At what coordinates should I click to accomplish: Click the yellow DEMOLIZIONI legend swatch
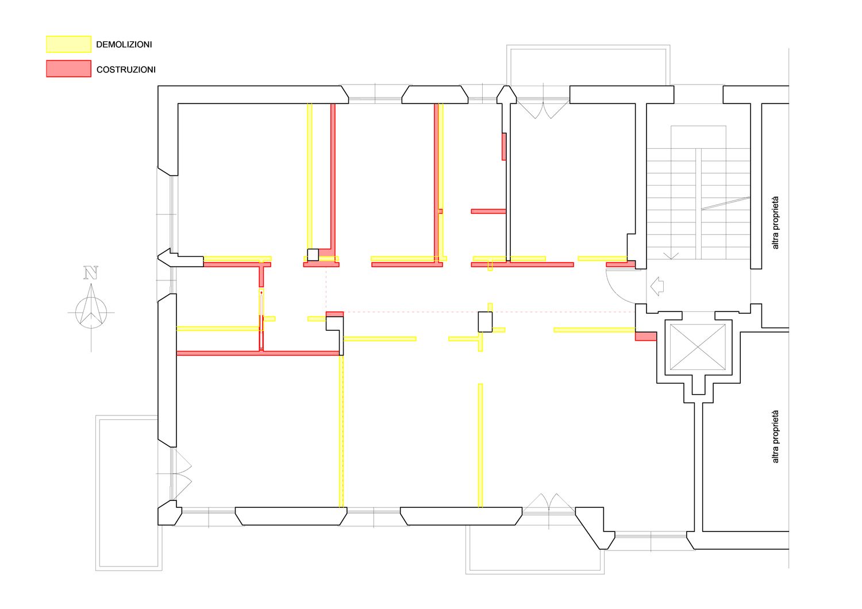(68, 44)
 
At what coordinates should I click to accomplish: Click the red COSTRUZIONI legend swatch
(68, 68)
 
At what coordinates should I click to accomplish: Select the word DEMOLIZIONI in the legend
(124, 45)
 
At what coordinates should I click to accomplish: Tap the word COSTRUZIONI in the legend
(126, 70)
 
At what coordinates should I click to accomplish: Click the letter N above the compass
(91, 272)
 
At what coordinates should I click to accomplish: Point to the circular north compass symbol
(91, 313)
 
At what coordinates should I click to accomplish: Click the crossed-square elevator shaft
(698, 347)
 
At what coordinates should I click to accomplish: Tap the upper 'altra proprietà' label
(775, 223)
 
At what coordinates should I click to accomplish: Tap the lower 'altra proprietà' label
(775, 436)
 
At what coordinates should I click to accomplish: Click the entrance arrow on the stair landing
(657, 286)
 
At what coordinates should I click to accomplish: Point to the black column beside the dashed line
(485, 322)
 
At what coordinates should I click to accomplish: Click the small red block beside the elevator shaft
(646, 336)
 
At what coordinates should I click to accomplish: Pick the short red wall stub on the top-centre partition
(504, 147)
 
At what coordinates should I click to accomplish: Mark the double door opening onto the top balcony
(542, 109)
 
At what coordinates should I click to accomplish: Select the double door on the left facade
(182, 473)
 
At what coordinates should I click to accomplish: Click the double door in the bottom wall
(549, 503)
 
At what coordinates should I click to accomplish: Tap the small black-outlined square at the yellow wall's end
(313, 255)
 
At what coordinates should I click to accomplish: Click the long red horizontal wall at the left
(258, 353)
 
